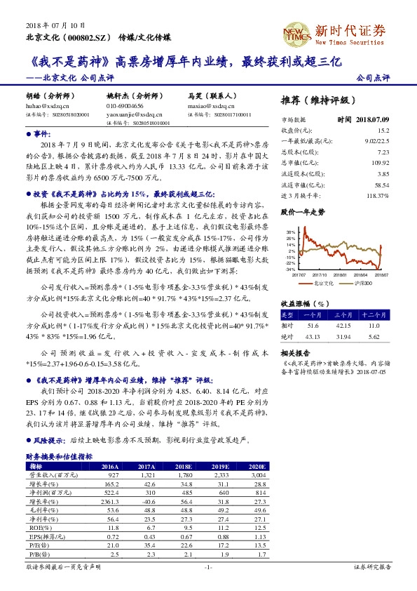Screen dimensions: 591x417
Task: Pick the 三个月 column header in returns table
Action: point(342,316)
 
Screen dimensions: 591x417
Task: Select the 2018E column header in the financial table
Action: point(183,466)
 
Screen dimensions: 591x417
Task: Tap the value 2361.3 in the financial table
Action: point(111,502)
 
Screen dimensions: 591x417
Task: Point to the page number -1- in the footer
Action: point(207,566)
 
